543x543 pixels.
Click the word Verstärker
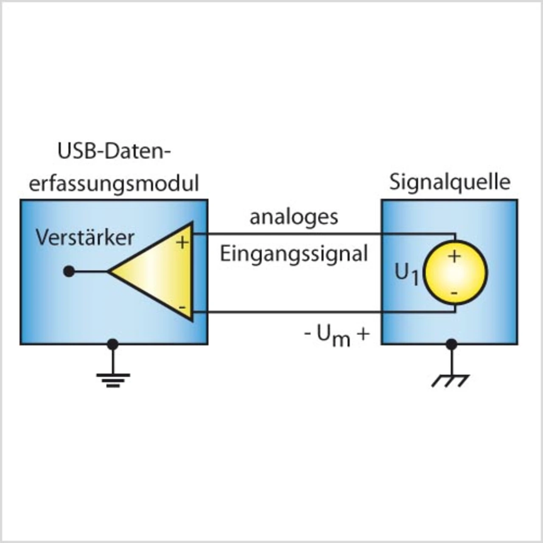click(x=85, y=238)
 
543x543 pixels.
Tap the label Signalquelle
click(x=450, y=182)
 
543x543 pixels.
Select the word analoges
click(x=294, y=217)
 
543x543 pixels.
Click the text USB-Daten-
click(x=114, y=151)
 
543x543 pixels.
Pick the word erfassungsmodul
click(x=114, y=184)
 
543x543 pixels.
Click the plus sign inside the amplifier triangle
click(x=182, y=243)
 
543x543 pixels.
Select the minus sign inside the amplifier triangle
click(x=182, y=306)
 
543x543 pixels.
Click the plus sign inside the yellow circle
click(x=454, y=256)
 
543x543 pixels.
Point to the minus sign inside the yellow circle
click(x=454, y=293)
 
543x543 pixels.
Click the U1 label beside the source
click(x=406, y=274)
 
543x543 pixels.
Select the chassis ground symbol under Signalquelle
click(x=451, y=380)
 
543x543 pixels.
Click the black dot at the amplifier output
click(x=69, y=271)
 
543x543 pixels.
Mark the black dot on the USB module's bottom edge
click(x=112, y=344)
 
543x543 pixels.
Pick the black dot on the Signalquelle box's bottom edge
click(x=452, y=344)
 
